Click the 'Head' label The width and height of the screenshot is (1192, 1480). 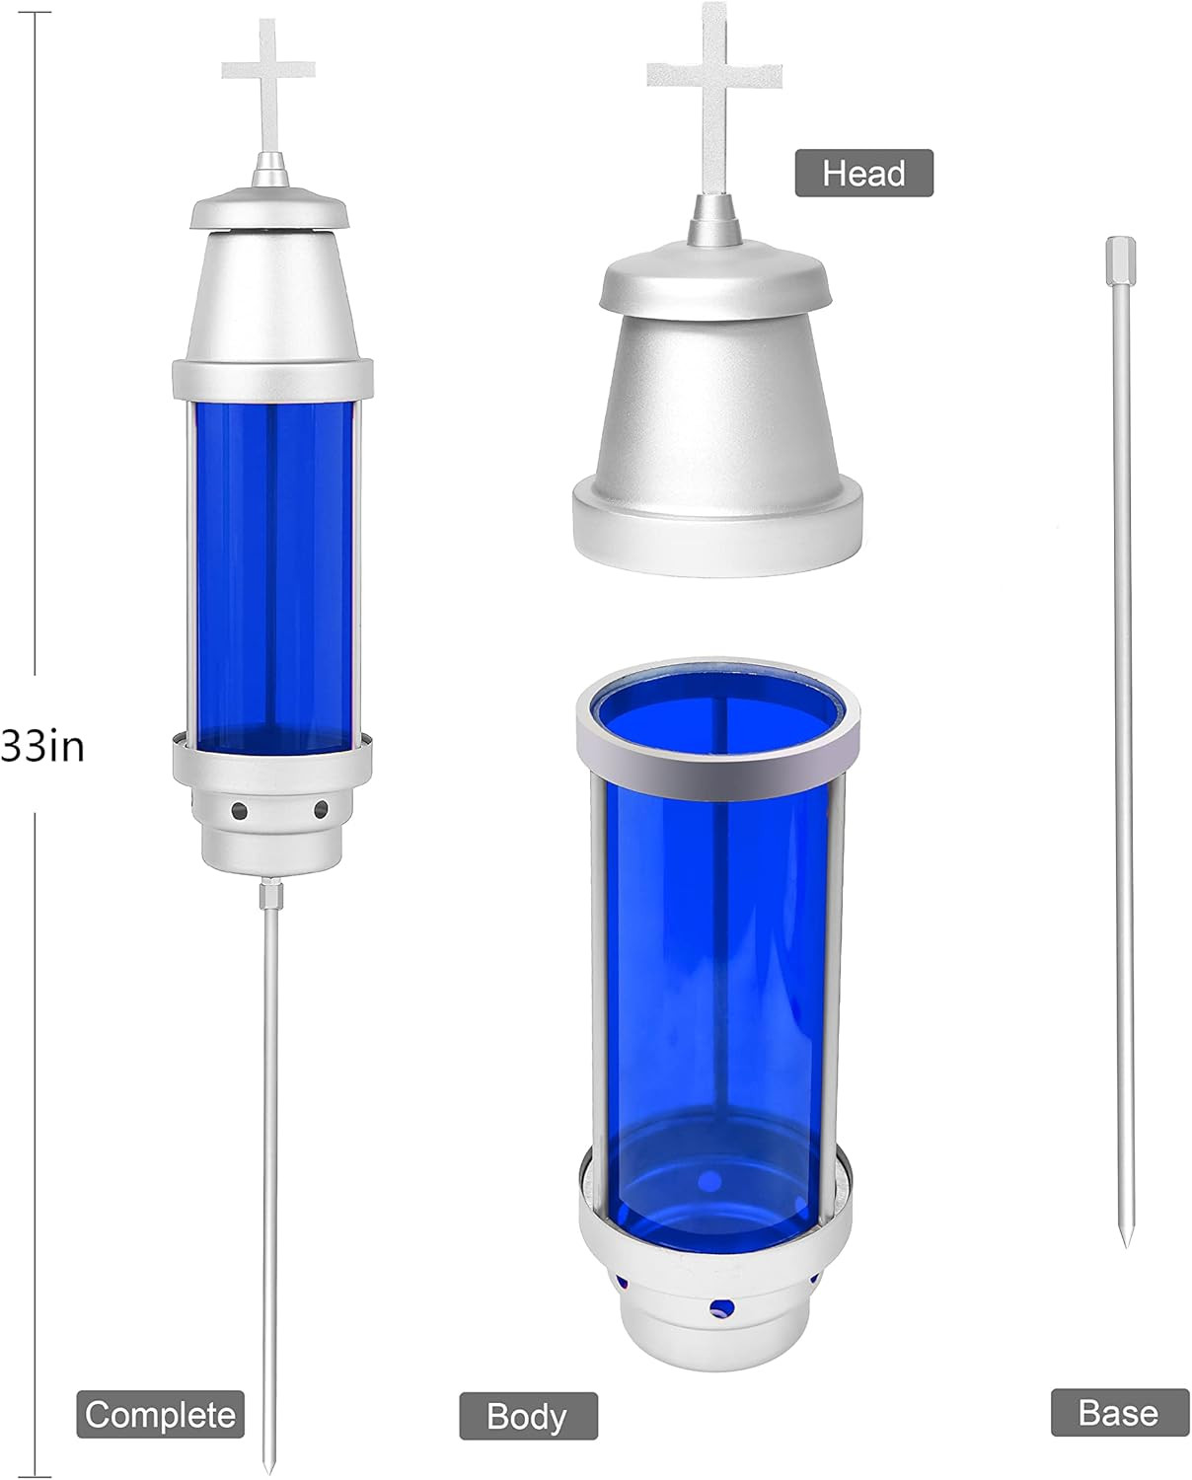pyautogui.click(x=864, y=173)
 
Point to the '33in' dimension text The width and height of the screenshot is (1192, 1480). pyautogui.click(x=42, y=746)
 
